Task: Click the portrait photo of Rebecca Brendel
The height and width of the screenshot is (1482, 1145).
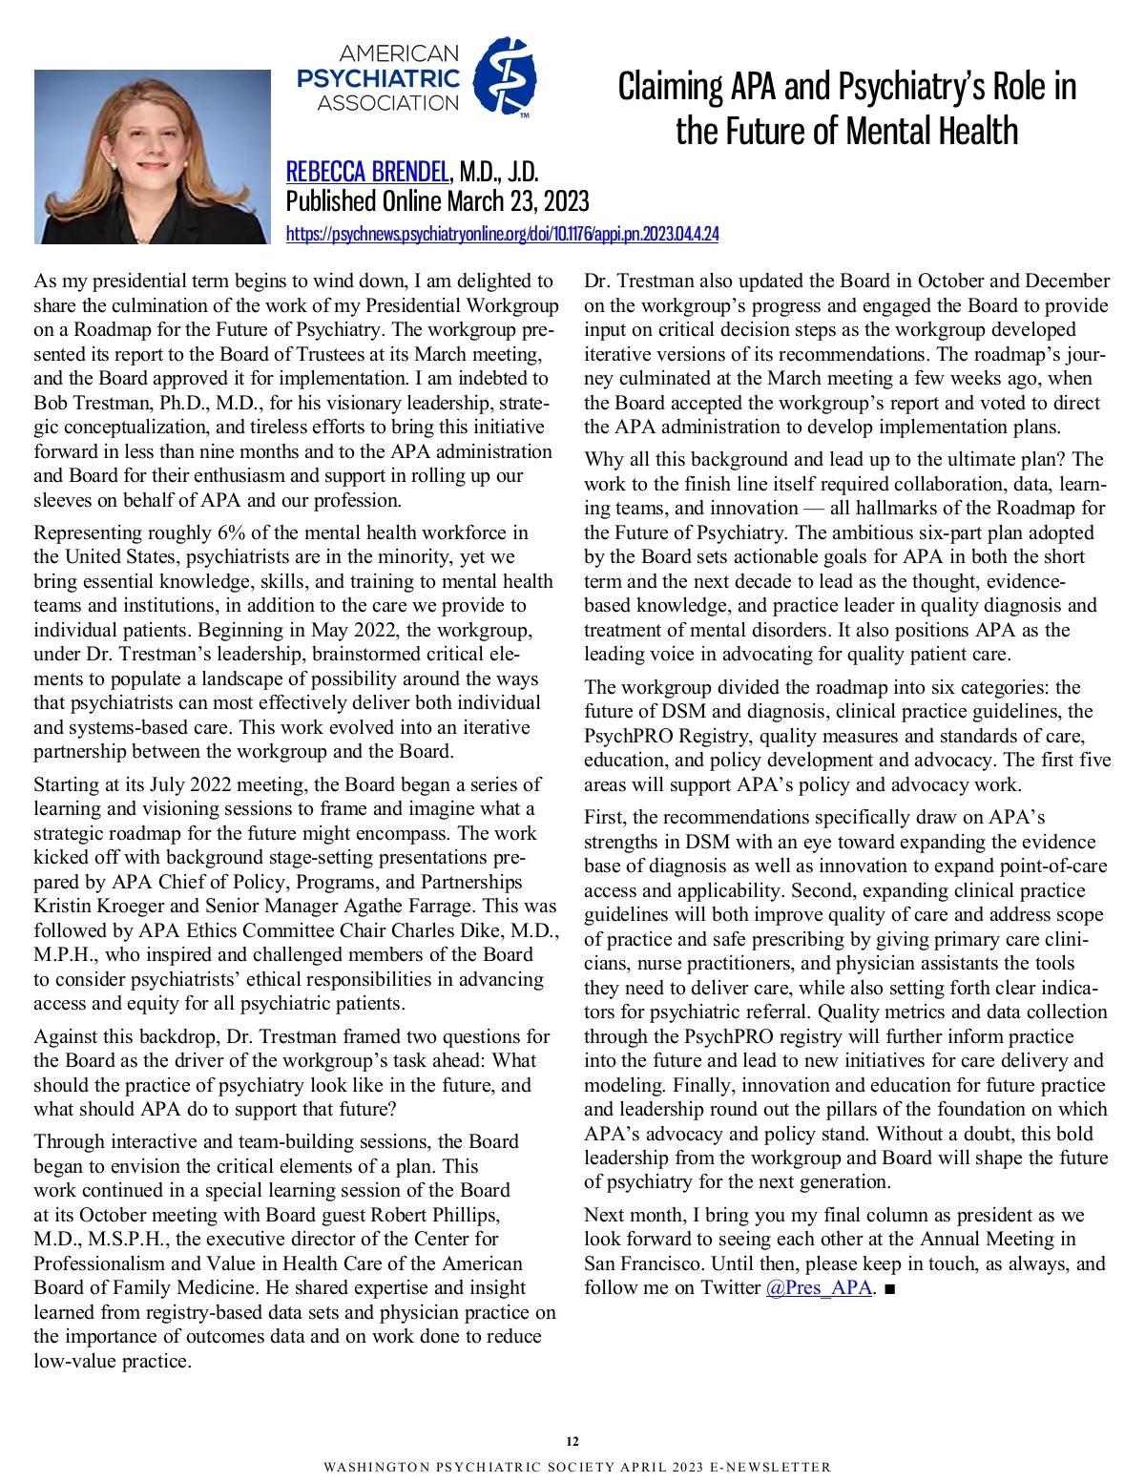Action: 152,157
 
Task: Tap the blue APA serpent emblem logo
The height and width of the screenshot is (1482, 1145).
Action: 505,75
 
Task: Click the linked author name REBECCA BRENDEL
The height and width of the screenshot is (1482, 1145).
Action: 367,172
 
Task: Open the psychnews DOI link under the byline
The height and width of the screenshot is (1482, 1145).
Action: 502,234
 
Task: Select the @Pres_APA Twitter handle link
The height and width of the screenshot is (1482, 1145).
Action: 819,1287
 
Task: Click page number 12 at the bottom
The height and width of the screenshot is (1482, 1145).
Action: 572,1441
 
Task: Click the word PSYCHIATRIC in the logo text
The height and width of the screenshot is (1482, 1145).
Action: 379,78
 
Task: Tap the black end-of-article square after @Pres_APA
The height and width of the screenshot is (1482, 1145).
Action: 889,1288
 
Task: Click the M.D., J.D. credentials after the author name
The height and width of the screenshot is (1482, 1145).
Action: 499,172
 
